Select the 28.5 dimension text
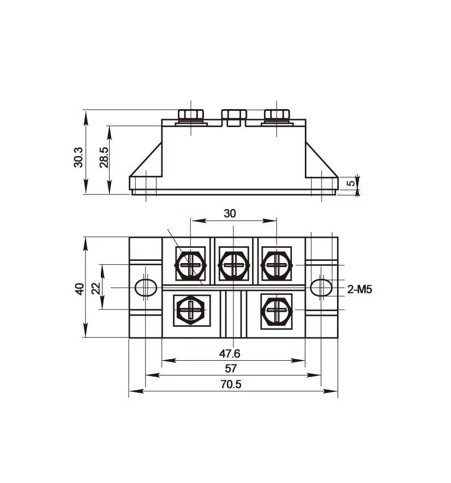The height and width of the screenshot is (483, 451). tap(104, 157)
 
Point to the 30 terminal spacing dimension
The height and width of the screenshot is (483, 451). tap(230, 213)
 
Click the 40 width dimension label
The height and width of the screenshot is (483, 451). tap(80, 289)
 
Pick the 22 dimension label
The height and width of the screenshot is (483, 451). tap(96, 288)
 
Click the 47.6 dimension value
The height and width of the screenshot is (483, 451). tap(230, 353)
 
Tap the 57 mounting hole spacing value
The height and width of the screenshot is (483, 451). tap(231, 368)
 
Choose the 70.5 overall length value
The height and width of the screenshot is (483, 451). tap(231, 384)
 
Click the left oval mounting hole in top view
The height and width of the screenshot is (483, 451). tap(146, 288)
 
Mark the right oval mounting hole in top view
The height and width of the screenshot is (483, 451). tap(321, 288)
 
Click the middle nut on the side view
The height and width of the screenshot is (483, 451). tap(233, 115)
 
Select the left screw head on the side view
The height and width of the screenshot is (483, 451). tap(191, 115)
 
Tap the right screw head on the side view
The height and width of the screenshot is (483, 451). tap(276, 115)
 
